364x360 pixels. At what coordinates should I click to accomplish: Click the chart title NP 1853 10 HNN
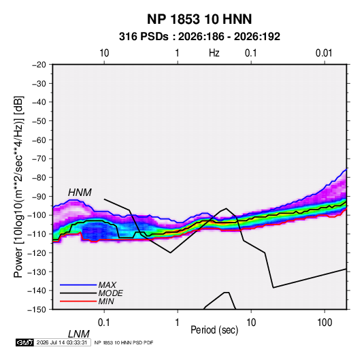click(x=199, y=19)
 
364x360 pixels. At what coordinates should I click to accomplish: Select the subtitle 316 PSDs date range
click(x=199, y=37)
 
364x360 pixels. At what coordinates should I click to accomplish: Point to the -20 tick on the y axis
click(x=39, y=65)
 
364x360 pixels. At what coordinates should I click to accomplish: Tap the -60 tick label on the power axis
click(x=39, y=140)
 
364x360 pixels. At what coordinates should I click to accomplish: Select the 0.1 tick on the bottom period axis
click(x=104, y=323)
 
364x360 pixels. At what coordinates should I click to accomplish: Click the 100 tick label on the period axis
click(x=325, y=323)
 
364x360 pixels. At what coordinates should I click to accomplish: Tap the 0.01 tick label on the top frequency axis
click(x=324, y=53)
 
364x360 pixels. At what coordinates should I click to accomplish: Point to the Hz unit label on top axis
click(x=214, y=53)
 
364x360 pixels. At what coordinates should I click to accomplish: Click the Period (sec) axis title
click(x=214, y=330)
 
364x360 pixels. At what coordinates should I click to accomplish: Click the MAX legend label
click(x=107, y=285)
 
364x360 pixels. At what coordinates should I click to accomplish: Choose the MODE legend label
click(x=110, y=293)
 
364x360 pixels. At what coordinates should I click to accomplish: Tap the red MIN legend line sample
click(x=78, y=301)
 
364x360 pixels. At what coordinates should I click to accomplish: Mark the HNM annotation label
click(x=80, y=193)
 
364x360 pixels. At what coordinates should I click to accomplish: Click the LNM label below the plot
click(x=79, y=334)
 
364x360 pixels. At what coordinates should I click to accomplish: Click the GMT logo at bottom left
click(x=25, y=342)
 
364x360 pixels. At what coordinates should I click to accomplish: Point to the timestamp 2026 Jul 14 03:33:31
click(x=62, y=342)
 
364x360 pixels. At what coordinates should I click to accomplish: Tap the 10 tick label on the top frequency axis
click(x=104, y=53)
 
